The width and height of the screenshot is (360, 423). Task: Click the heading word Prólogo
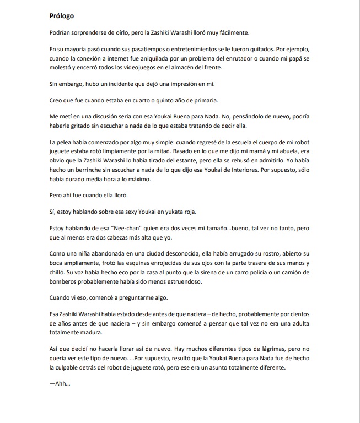tap(62, 17)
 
